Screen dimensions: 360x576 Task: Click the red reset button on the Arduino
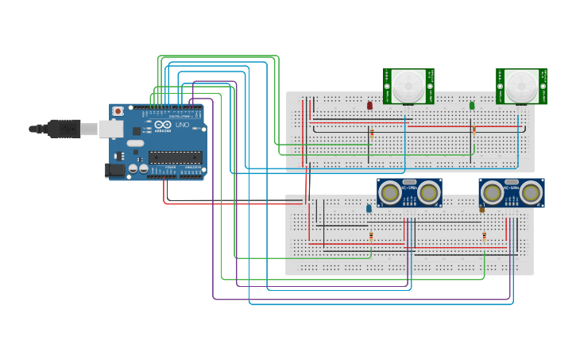click(x=118, y=111)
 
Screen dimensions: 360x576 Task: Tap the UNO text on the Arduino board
click(x=182, y=125)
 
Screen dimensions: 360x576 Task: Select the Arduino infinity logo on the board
click(x=163, y=125)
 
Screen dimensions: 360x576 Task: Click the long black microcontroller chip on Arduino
click(x=175, y=157)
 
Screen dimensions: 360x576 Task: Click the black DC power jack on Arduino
click(x=116, y=169)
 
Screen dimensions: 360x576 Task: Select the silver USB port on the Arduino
click(x=110, y=129)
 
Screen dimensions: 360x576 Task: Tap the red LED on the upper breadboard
click(x=369, y=105)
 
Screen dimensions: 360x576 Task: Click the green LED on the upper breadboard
click(x=472, y=105)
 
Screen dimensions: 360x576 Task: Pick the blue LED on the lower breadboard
click(x=369, y=208)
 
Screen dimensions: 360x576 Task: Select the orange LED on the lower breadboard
click(x=481, y=208)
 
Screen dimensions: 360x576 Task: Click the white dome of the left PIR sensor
click(x=408, y=85)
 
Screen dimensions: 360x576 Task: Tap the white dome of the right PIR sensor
click(x=522, y=85)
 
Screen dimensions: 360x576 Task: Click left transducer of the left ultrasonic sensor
click(x=390, y=192)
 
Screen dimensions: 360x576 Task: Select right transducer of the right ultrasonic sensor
click(x=531, y=192)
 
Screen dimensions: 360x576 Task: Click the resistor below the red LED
click(x=371, y=134)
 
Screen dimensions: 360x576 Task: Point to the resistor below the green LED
click(x=474, y=130)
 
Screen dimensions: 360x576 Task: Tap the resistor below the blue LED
click(x=371, y=235)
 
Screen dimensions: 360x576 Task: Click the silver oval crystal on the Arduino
click(x=135, y=144)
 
